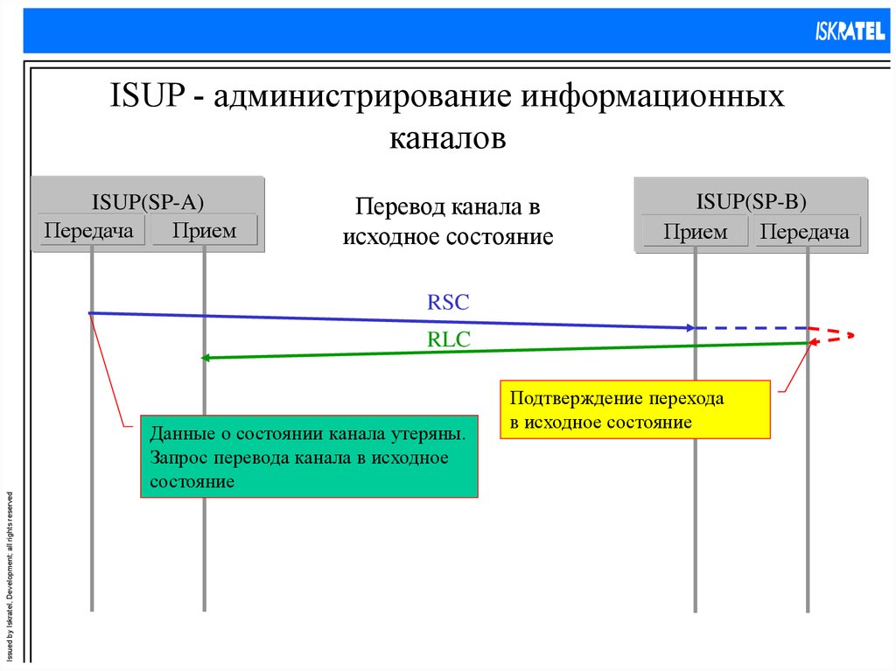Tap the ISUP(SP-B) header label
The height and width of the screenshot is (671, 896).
coord(751,201)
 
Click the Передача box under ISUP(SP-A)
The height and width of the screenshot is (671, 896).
coord(89,231)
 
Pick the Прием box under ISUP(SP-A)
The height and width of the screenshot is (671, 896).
coord(204,231)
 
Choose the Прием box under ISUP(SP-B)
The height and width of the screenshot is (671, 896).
coord(695,232)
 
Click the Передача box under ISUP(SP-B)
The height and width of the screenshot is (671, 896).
coord(805,232)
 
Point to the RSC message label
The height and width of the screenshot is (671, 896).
coord(449,303)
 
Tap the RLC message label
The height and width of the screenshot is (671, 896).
coord(449,341)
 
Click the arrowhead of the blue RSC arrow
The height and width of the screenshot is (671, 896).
coord(690,328)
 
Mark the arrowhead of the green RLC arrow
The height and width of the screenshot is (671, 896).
coord(206,357)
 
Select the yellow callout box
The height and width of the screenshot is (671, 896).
coord(634,409)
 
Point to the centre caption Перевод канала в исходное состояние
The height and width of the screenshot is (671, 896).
coord(447,221)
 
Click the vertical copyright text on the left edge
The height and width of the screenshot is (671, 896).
coord(10,573)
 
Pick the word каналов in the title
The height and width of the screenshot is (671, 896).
coord(447,138)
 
